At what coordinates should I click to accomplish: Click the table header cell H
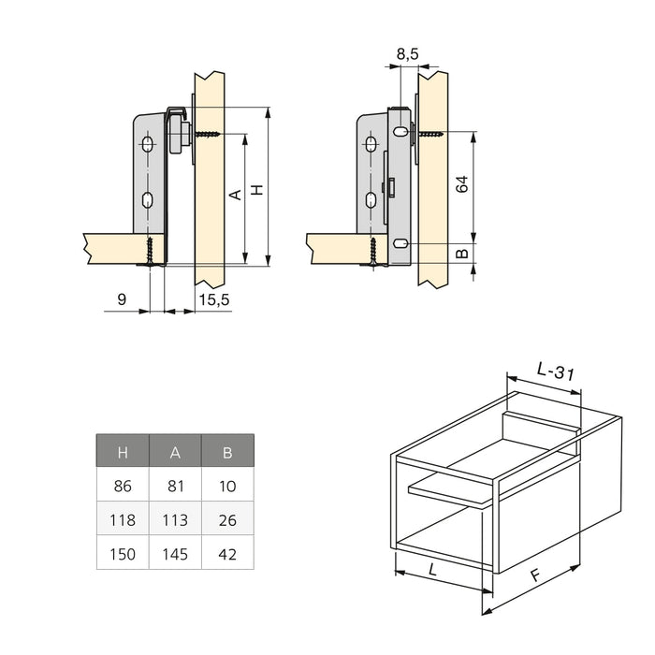click(123, 453)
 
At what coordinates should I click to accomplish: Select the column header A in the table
click(175, 453)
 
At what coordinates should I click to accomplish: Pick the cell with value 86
click(123, 487)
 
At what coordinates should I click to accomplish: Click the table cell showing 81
click(175, 487)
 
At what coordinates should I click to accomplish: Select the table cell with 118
click(123, 520)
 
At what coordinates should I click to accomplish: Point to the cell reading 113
click(175, 520)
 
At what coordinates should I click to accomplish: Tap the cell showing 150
click(123, 554)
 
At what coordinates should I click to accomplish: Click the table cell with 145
click(175, 554)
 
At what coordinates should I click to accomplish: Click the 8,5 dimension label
click(408, 55)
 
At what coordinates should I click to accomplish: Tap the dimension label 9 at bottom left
click(123, 299)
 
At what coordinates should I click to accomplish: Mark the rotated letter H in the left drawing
click(258, 189)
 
